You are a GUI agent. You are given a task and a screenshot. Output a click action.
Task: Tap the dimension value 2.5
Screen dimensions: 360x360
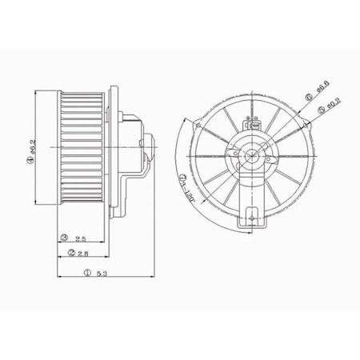pos(81,238)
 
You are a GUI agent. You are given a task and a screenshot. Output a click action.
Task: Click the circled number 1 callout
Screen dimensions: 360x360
pos(86,274)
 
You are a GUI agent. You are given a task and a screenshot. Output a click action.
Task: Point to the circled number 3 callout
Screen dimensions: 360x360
pos(63,238)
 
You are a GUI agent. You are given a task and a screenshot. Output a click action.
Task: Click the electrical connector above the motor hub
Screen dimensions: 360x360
pos(250,123)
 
